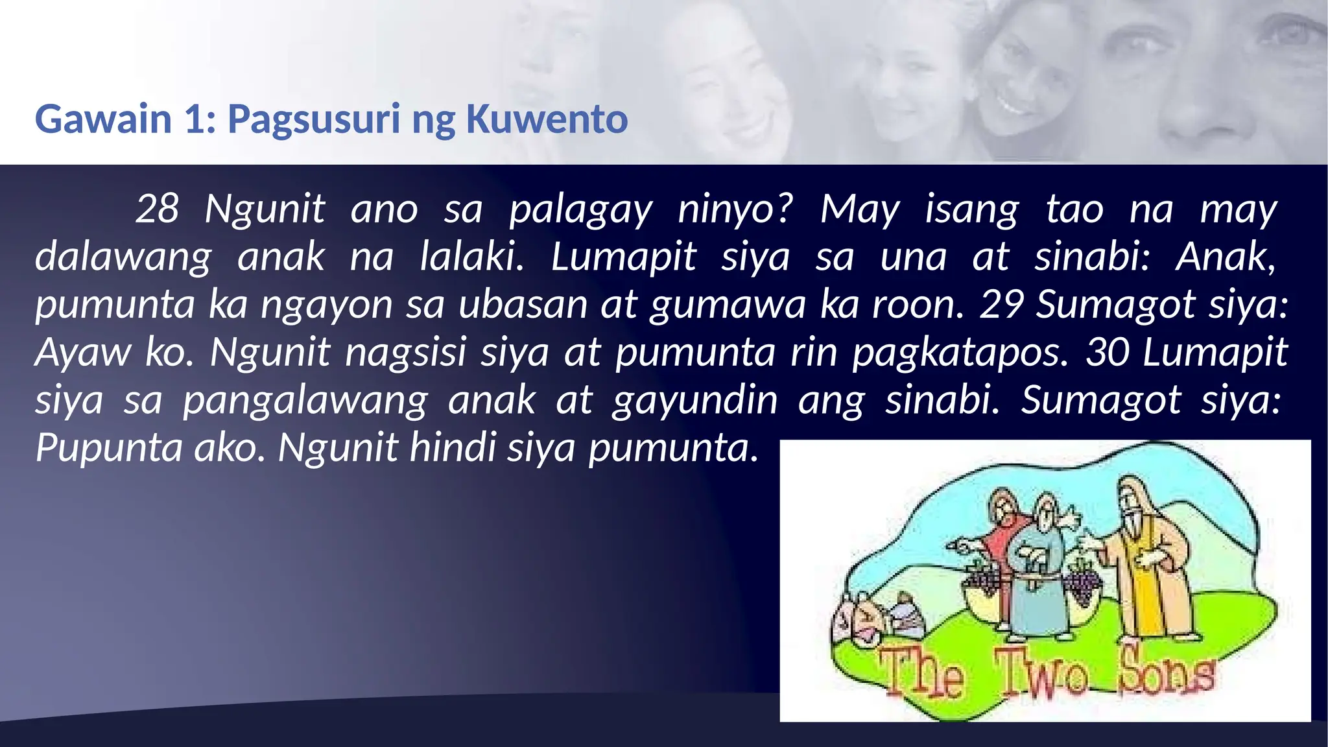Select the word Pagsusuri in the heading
coord(313,121)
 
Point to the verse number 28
coord(157,209)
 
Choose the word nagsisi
coord(406,352)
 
